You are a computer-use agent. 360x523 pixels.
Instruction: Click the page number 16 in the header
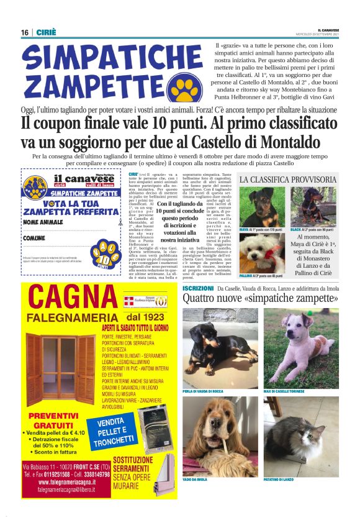click(x=24, y=32)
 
